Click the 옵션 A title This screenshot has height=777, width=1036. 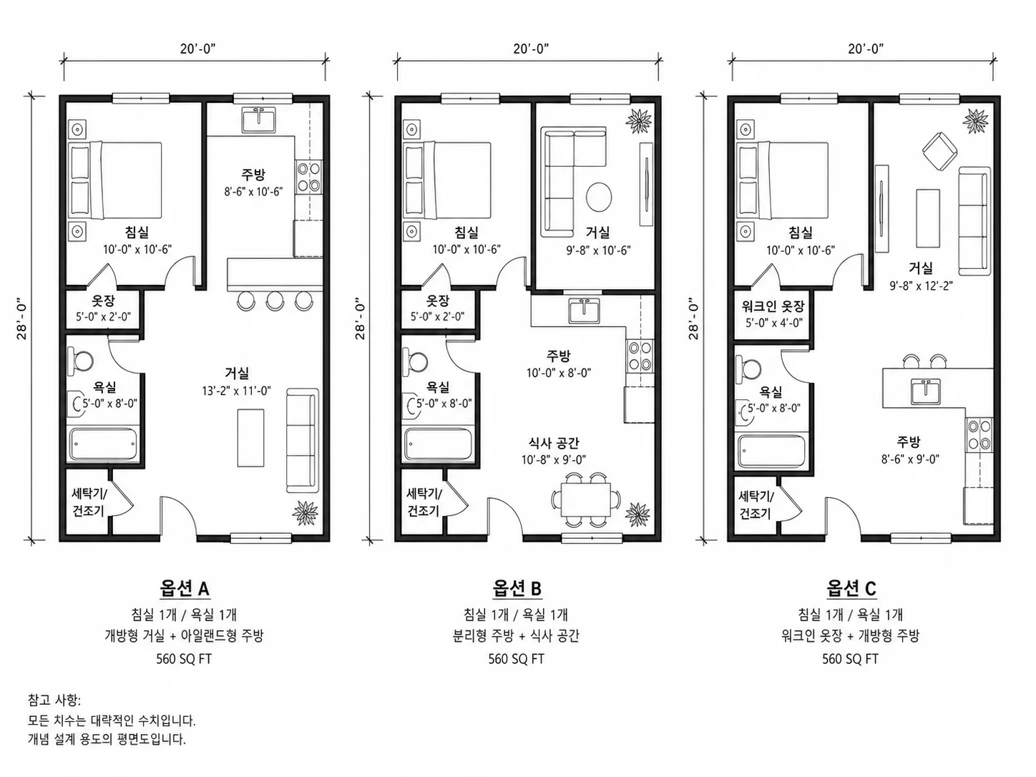184,588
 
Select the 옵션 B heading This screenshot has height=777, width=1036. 517,588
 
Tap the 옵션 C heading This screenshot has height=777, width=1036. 851,588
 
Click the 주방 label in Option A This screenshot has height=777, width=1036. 253,175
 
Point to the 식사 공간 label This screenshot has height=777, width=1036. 554,443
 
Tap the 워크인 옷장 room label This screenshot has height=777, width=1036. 773,307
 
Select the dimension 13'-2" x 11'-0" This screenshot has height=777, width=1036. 237,391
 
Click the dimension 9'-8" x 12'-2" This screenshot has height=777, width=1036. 921,285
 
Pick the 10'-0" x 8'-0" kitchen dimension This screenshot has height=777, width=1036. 559,373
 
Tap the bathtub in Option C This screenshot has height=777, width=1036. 771,451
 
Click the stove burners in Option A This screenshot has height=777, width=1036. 309,177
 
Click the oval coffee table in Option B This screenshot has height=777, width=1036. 599,197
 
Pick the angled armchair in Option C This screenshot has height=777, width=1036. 940,152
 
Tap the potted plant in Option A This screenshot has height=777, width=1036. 306,512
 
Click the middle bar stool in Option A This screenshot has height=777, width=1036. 275,300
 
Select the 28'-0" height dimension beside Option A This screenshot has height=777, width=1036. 21,318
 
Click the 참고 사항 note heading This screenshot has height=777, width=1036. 54,700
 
